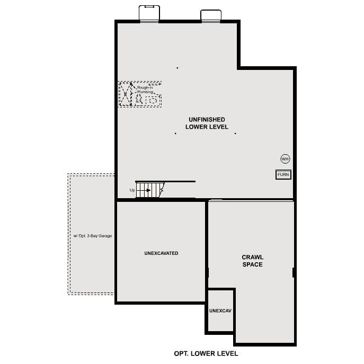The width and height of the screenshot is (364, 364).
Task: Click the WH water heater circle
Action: click(x=285, y=158)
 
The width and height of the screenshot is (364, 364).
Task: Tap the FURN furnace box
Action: click(x=283, y=174)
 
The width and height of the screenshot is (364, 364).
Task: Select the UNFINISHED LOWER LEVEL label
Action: click(x=207, y=123)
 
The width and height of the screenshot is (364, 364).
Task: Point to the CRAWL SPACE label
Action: click(x=252, y=261)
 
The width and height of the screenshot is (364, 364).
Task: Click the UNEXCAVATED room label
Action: click(x=161, y=253)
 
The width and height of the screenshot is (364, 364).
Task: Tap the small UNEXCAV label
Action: click(x=220, y=310)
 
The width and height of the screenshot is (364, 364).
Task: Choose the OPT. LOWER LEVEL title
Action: click(x=206, y=353)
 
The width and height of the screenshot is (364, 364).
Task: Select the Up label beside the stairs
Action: click(x=132, y=190)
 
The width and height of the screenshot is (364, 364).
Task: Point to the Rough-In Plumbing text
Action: click(x=145, y=90)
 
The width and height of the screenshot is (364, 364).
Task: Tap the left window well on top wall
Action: click(x=149, y=13)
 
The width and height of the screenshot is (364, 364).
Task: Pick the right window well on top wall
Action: click(x=211, y=16)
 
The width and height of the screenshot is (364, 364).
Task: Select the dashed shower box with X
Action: click(x=125, y=95)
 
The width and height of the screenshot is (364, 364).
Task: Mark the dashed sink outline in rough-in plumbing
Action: click(x=153, y=100)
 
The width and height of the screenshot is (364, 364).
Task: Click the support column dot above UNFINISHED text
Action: click(x=177, y=68)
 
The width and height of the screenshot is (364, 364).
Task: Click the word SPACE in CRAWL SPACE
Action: click(x=252, y=264)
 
